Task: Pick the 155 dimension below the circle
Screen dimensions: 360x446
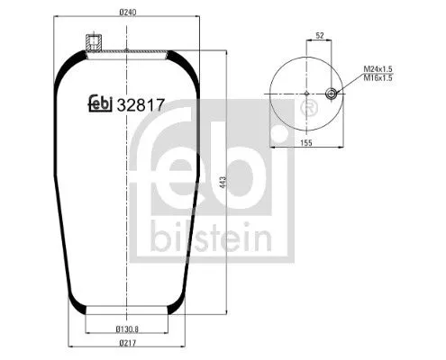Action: [x=306, y=141]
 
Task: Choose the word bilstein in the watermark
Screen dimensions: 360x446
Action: [x=212, y=238]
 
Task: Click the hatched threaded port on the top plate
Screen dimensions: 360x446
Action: [x=91, y=42]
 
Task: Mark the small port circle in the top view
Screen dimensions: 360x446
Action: [x=332, y=93]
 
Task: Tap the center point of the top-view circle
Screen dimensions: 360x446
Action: [x=307, y=93]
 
